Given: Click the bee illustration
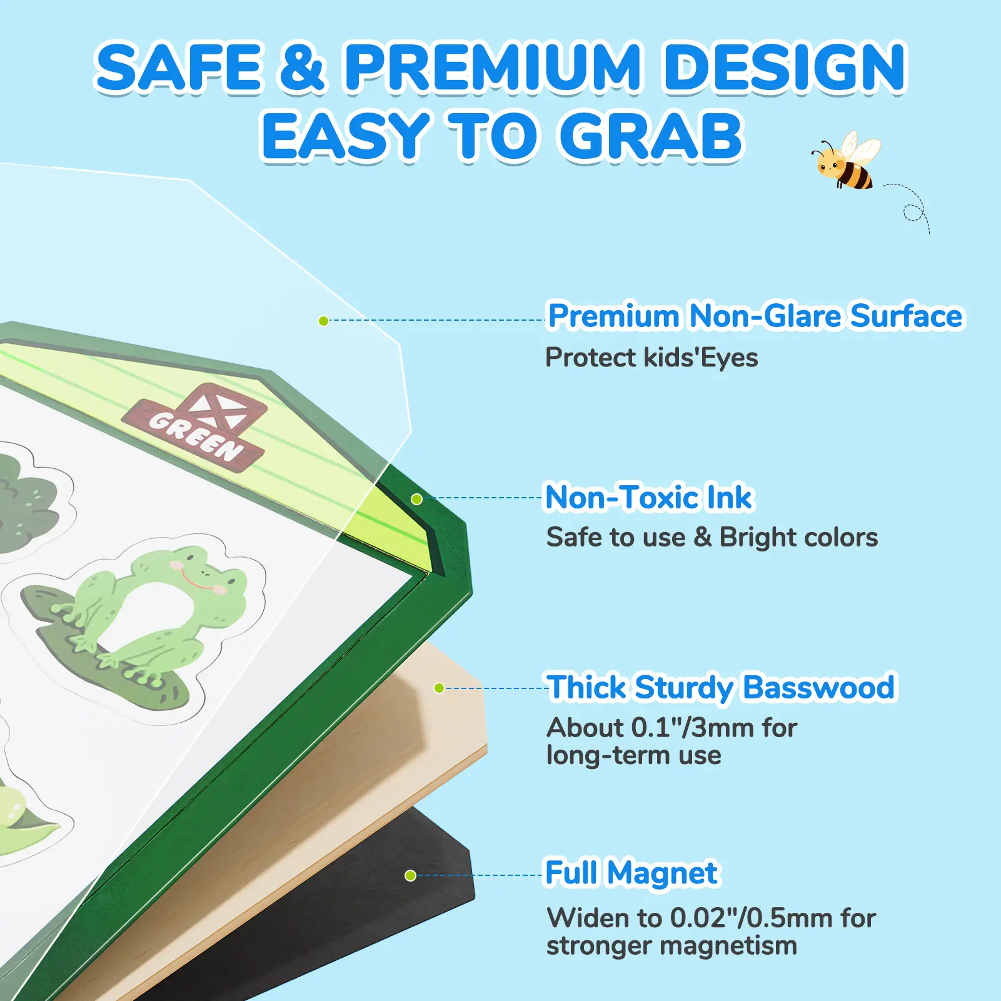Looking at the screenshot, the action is tap(845, 161).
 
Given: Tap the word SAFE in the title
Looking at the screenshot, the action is tap(178, 68).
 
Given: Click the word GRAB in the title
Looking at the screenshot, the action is tap(650, 136).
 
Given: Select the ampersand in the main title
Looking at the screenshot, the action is tap(302, 68).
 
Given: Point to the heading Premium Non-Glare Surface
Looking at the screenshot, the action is tap(755, 316).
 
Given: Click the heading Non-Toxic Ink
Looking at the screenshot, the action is tap(649, 498).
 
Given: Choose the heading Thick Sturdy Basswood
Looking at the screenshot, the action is tap(721, 688).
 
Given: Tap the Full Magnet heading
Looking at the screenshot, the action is tap(631, 873).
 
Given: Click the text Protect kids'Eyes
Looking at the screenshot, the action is tap(651, 358).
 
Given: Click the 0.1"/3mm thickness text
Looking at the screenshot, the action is tap(693, 728).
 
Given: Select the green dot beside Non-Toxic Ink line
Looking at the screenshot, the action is tap(417, 499).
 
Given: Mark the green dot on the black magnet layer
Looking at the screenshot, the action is tap(410, 875).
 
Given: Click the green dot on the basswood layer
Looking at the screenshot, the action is tap(439, 688).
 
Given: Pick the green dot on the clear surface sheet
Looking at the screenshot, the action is tap(323, 321).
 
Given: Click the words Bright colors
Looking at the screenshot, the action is tap(798, 538).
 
